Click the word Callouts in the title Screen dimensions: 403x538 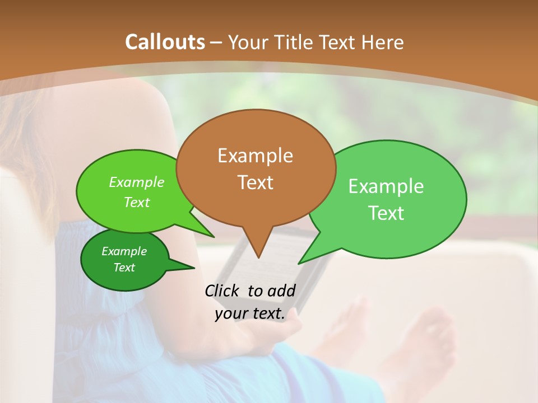coord(165,42)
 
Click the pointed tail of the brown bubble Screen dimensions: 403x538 coord(258,252)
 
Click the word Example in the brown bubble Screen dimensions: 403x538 coord(256,156)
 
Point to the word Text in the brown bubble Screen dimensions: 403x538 coord(256,182)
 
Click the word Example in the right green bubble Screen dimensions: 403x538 coord(386,186)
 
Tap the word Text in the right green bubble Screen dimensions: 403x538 coord(386,213)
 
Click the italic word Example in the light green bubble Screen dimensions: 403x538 coord(137,182)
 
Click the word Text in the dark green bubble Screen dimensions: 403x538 coord(124,268)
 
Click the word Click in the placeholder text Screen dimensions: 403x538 coord(223,290)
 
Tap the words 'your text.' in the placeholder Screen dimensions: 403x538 coord(250,314)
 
